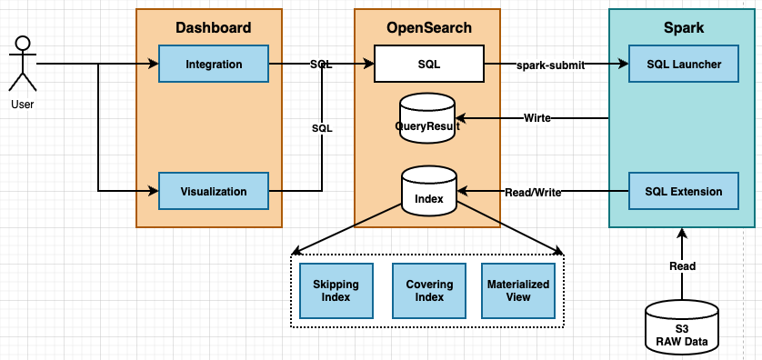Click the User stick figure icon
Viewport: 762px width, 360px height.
[23, 65]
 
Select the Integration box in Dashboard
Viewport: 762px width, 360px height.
[214, 65]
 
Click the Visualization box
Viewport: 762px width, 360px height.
[214, 192]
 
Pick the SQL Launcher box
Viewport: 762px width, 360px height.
[684, 65]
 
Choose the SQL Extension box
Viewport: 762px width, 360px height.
[684, 192]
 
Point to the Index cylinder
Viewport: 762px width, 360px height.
[428, 192]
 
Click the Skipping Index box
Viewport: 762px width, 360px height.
[336, 291]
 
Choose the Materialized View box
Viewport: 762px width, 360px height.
[518, 291]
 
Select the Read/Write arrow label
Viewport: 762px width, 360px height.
[533, 192]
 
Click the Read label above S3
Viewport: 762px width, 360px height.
[682, 266]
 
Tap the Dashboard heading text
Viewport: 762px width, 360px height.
[213, 27]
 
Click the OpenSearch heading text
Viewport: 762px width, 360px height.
[428, 27]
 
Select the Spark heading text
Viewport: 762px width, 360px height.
[683, 27]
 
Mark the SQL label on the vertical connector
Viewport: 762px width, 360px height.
[322, 128]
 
